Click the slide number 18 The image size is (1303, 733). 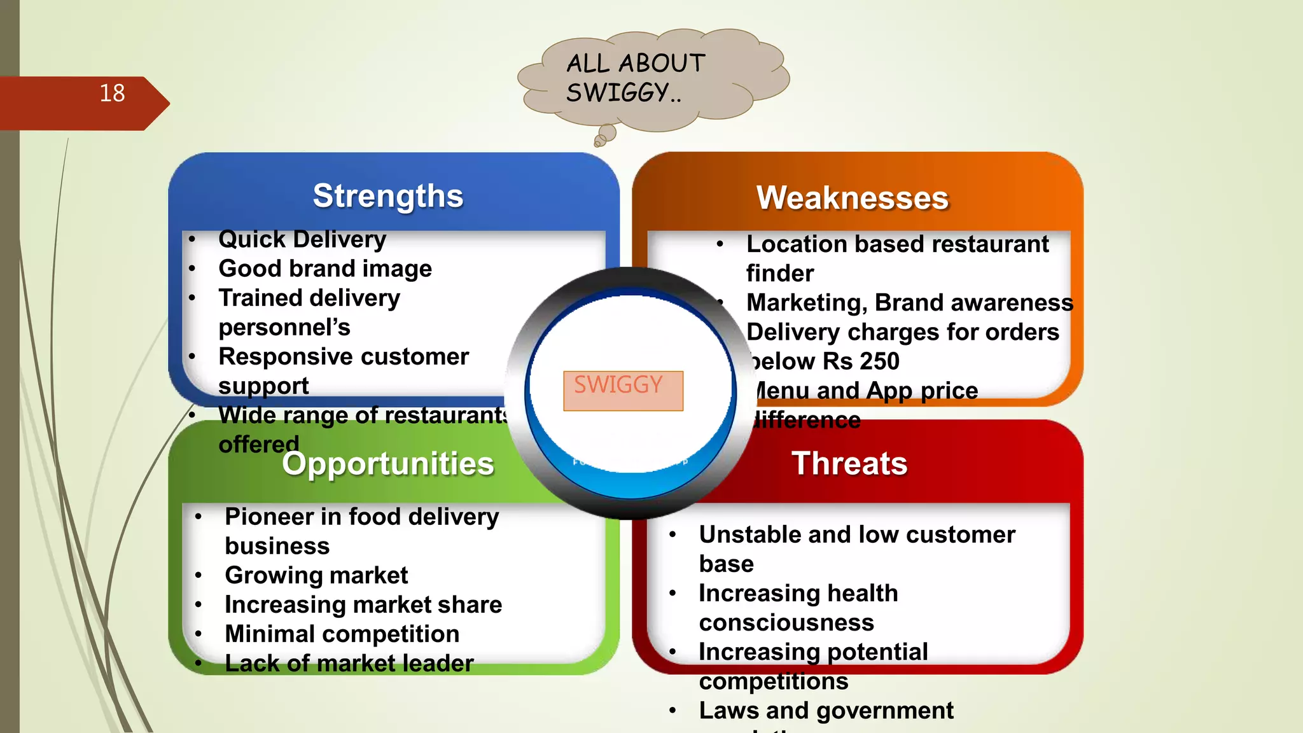(x=113, y=94)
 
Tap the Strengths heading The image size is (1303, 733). (x=388, y=196)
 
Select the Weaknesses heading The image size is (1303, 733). (x=852, y=198)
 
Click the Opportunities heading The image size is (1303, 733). (x=388, y=464)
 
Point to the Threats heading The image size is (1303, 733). (x=849, y=463)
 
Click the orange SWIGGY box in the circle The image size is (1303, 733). (x=623, y=391)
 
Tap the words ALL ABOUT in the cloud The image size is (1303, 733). (x=636, y=64)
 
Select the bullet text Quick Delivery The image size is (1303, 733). (x=302, y=240)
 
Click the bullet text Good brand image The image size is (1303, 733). (x=325, y=269)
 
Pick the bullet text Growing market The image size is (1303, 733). (x=316, y=576)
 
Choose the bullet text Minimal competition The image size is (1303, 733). (x=342, y=634)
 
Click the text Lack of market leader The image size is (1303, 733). (x=349, y=664)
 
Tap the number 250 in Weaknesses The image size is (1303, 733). (x=880, y=361)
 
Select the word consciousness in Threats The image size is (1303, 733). (x=786, y=623)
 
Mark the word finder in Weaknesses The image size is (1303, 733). (x=779, y=274)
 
